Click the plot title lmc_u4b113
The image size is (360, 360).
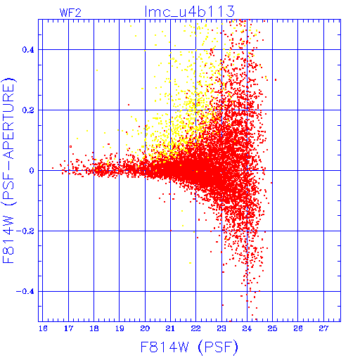pos(190,11)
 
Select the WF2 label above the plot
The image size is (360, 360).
pos(70,13)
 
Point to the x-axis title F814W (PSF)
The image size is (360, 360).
pos(189,347)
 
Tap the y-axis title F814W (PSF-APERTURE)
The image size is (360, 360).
pos(8,170)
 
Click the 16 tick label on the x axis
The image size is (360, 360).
pos(43,328)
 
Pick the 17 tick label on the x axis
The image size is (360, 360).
pos(68,328)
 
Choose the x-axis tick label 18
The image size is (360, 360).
pos(94,328)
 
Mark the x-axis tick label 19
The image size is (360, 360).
pos(120,328)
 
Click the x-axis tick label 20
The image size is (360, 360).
pos(145,328)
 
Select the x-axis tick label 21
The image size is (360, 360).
pos(170,328)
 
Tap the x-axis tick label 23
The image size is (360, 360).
pos(221,328)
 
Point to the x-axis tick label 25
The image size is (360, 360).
pos(272,328)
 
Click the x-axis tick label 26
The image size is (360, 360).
pos(298,328)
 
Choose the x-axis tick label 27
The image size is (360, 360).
pos(323,328)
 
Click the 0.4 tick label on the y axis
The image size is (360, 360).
pos(28,50)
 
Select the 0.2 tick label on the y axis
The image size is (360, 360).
pos(28,110)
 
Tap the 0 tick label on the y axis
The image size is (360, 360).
pos(32,171)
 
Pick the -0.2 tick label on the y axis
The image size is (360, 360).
pos(25,231)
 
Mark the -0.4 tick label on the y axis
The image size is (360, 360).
pos(25,292)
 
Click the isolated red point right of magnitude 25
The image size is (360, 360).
pos(276,80)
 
